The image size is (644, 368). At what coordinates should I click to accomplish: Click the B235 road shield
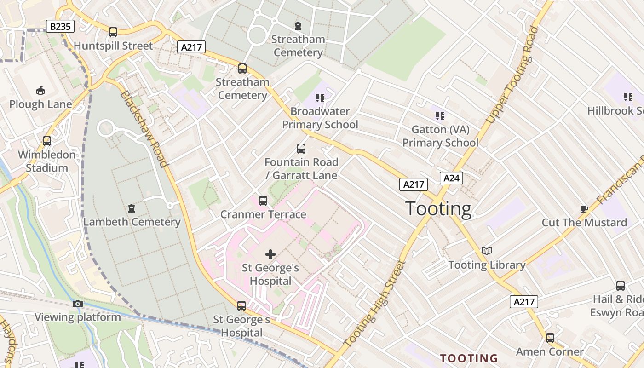[x=60, y=27]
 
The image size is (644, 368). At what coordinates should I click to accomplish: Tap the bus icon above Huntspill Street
[x=113, y=32]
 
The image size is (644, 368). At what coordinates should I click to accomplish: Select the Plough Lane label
[x=40, y=104]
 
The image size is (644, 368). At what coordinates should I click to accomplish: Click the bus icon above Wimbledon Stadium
[x=47, y=141]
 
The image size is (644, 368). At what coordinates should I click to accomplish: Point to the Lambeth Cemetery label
[x=132, y=222]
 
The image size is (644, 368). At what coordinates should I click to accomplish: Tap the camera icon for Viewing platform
[x=78, y=304]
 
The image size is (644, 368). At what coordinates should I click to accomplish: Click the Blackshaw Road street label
[x=144, y=128]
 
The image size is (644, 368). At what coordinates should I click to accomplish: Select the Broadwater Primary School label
[x=320, y=118]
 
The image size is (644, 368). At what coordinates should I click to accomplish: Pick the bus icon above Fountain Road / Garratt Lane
[x=301, y=149]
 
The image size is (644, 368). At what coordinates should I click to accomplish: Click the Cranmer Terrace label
[x=263, y=214]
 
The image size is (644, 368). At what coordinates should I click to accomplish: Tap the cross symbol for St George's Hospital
[x=270, y=254]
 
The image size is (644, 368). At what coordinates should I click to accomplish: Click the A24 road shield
[x=451, y=178]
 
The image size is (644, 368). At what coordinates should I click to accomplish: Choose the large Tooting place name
[x=438, y=209]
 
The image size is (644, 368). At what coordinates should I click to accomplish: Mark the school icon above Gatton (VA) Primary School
[x=440, y=115]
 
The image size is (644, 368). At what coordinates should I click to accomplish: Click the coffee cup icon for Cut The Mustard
[x=584, y=209]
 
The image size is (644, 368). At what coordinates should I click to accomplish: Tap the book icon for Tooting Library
[x=487, y=251]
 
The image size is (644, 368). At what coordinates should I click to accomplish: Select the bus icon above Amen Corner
[x=550, y=338]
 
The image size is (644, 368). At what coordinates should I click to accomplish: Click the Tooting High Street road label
[x=374, y=304]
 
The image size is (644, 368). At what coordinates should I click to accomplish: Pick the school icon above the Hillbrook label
[x=628, y=97]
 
